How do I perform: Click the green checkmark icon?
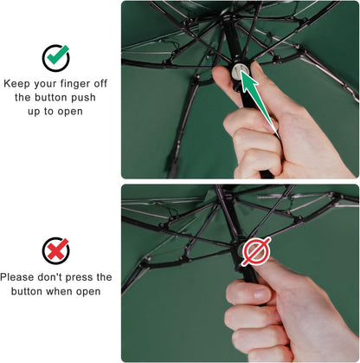56,57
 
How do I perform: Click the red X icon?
56,250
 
